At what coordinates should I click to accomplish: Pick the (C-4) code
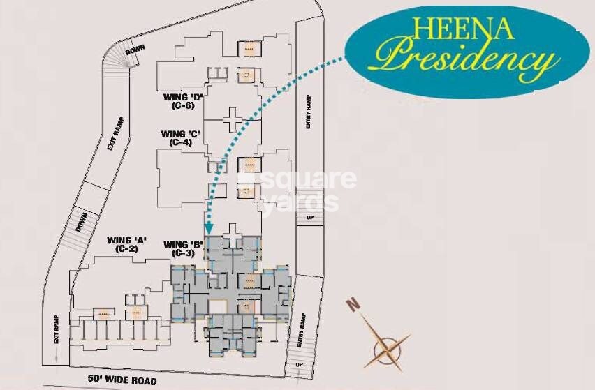(179, 142)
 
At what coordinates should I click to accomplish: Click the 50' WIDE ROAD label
(122, 380)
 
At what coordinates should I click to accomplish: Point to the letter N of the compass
(354, 305)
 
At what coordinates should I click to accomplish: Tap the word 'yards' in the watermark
(303, 203)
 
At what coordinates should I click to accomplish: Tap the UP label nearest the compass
(300, 364)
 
